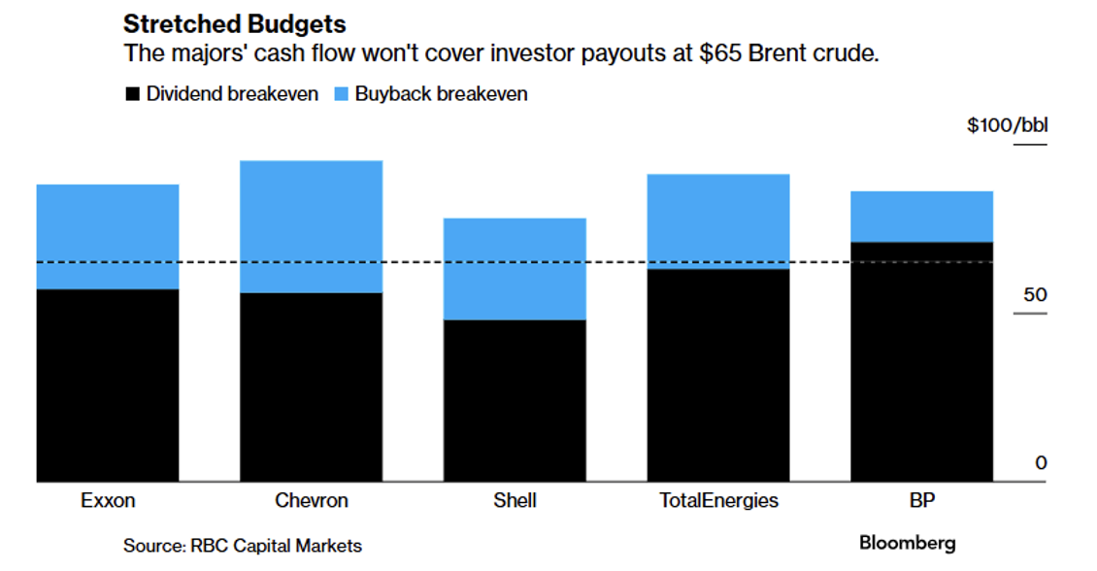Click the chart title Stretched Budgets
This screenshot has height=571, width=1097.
click(235, 24)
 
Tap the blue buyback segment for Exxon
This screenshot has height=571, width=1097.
click(108, 236)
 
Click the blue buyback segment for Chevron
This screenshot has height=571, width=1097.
click(311, 226)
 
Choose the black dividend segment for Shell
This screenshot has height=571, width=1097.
click(515, 400)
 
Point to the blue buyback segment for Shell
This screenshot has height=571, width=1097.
click(515, 269)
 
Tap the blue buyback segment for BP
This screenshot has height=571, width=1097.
click(921, 216)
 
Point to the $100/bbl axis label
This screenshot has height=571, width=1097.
click(1007, 126)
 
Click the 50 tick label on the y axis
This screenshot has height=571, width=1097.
click(1035, 294)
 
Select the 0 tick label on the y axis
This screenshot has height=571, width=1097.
click(1041, 463)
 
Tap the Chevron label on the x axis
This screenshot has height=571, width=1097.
click(311, 501)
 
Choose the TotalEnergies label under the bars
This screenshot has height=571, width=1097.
click(718, 501)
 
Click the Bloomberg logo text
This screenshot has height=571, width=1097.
click(907, 543)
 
